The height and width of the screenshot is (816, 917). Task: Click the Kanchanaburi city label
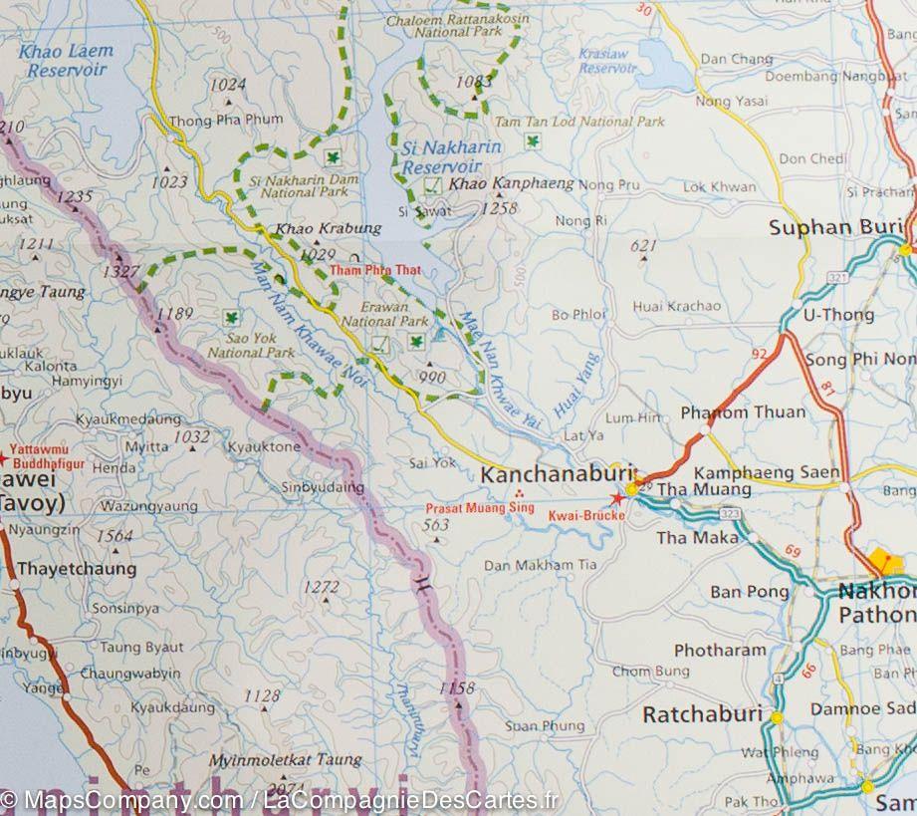[552, 475]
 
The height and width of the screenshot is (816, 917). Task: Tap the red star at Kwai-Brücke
[617, 498]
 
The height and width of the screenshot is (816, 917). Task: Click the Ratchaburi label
[702, 714]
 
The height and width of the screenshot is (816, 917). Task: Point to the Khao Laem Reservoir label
[70, 60]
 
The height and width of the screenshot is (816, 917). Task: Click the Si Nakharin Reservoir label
[447, 155]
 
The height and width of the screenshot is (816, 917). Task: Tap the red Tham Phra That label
[376, 270]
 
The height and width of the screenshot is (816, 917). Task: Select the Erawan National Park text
[385, 315]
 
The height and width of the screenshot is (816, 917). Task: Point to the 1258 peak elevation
[498, 208]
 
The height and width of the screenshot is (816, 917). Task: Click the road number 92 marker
[761, 354]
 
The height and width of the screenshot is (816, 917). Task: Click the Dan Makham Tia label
[541, 565]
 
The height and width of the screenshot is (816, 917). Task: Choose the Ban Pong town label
[749, 592]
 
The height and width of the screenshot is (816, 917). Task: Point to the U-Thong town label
[837, 315]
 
